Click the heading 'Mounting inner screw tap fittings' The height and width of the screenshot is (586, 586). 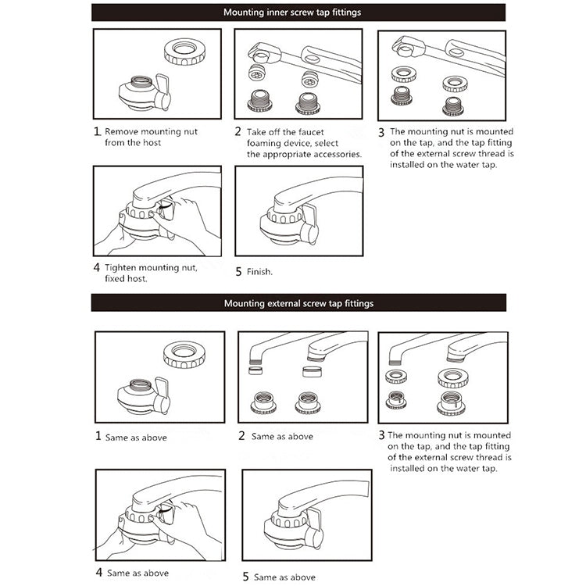(292, 13)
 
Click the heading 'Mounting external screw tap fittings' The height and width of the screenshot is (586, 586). (298, 303)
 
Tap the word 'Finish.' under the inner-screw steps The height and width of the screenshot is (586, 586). (259, 272)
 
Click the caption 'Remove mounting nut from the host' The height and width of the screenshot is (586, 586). (142, 137)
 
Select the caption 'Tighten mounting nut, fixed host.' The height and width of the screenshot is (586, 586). (151, 272)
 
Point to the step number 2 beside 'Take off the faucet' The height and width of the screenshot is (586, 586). (238, 132)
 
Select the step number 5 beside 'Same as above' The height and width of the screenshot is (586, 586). (245, 577)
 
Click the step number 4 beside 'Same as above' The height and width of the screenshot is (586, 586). (98, 572)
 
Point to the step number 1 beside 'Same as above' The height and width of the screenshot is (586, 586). (98, 436)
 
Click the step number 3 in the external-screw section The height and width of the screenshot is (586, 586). (381, 435)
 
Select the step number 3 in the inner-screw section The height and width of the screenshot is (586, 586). (381, 132)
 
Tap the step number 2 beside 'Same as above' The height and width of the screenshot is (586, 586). (241, 436)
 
